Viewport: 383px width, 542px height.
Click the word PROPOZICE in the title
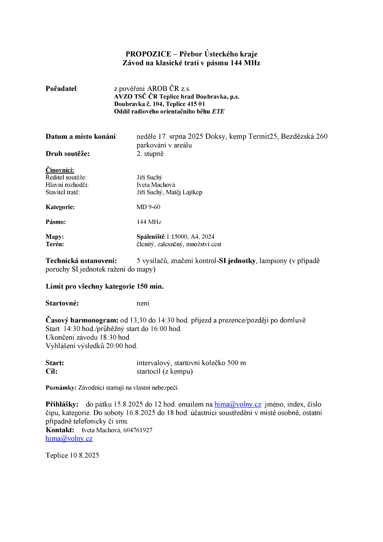click(x=148, y=54)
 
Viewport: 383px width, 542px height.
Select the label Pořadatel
click(x=61, y=89)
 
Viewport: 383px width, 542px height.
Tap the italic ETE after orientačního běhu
click(x=218, y=112)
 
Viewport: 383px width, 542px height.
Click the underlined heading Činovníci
click(x=60, y=170)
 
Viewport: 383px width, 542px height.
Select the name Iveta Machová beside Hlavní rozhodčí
click(x=156, y=185)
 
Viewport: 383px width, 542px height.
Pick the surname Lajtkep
click(x=192, y=192)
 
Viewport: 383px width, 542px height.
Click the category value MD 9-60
click(x=148, y=207)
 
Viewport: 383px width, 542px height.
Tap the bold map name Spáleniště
click(x=150, y=237)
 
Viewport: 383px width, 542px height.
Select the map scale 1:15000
click(x=177, y=237)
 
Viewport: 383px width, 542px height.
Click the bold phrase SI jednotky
click(x=237, y=261)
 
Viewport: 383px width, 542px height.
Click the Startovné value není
click(x=143, y=303)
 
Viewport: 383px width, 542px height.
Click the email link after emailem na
click(x=238, y=404)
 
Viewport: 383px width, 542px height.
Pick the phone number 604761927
click(x=138, y=430)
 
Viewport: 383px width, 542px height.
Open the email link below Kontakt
click(x=69, y=438)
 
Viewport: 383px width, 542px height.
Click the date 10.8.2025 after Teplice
click(x=84, y=455)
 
